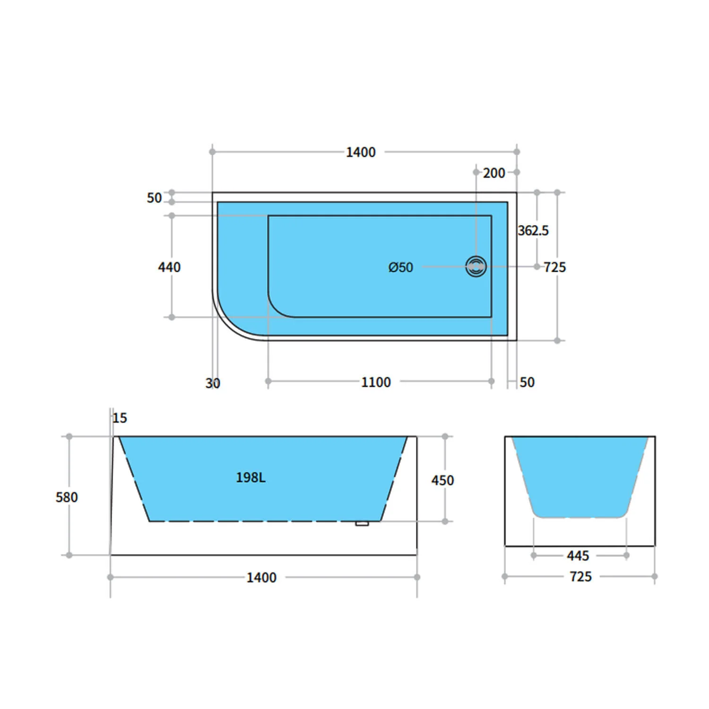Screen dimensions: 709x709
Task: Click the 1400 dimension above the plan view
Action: coord(361,152)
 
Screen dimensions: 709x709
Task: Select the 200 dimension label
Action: coord(494,173)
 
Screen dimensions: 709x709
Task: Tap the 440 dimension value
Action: coord(169,267)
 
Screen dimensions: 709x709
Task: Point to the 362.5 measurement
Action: coord(533,231)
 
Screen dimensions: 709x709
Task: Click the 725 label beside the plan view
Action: coord(554,267)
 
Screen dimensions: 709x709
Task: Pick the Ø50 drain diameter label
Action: coord(400,267)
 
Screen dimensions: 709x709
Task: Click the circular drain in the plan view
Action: coord(476,267)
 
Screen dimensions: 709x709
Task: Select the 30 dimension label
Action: coord(213,383)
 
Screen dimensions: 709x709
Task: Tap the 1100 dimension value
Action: coord(376,382)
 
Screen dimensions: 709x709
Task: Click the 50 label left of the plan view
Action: coord(154,198)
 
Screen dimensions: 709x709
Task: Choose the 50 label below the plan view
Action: coord(527,382)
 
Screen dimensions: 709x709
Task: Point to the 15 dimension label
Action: coord(120,418)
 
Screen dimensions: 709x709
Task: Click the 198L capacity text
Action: coord(251,477)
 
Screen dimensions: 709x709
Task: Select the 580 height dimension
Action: coord(67,497)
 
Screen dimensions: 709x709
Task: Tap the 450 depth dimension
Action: coord(442,480)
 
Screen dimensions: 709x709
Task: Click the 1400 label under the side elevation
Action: coord(261,577)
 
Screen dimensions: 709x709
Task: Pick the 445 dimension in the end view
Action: coord(578,555)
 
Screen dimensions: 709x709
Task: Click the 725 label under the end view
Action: coord(580,577)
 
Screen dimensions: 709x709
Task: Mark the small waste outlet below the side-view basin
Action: coord(362,523)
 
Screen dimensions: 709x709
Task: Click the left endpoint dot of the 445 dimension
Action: coord(534,555)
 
